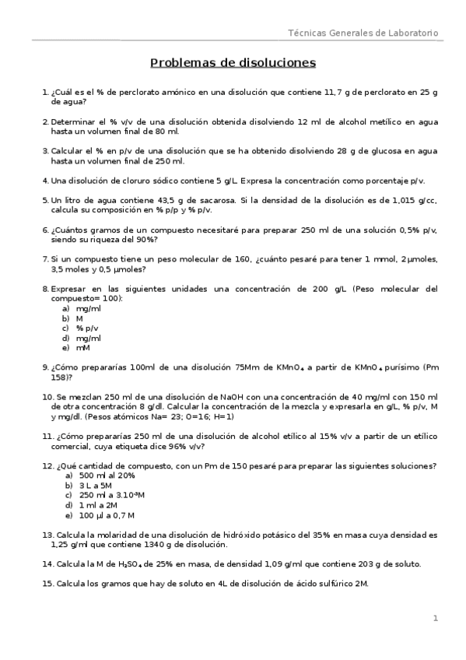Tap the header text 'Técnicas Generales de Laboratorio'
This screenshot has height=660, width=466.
coord(363,33)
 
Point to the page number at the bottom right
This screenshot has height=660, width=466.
coord(436,618)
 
